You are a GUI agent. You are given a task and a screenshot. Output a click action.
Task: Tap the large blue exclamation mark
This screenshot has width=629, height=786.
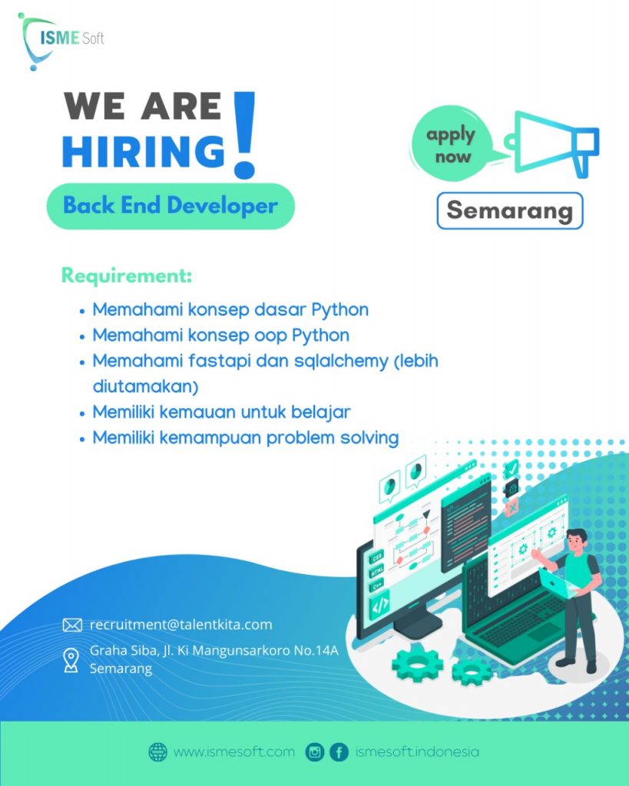(x=244, y=134)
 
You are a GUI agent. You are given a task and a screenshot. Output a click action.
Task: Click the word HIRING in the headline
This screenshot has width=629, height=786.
(x=144, y=150)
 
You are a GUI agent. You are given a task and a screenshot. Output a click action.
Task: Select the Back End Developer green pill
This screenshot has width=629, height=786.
(x=170, y=206)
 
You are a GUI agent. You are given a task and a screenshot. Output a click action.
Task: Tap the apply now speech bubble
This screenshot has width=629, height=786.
(x=452, y=145)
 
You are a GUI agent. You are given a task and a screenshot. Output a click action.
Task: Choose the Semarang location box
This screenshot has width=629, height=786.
(x=510, y=210)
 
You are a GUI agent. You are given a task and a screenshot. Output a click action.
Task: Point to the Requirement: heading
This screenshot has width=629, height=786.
(x=127, y=275)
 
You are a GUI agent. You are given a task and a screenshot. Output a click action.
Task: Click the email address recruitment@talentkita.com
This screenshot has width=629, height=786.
(x=180, y=624)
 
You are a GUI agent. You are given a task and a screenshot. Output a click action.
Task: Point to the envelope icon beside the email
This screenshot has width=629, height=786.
(x=72, y=625)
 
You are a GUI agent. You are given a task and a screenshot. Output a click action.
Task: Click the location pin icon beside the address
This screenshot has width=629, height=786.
(x=71, y=659)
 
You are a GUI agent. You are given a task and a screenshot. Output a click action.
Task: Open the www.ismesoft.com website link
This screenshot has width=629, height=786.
(x=233, y=751)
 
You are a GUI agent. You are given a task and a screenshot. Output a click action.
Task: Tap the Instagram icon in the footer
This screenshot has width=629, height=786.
(x=315, y=751)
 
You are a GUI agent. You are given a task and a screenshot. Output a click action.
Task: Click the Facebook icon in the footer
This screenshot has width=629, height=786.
(x=339, y=751)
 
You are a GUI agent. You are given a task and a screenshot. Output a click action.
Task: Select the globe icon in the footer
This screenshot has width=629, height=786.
(x=157, y=751)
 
